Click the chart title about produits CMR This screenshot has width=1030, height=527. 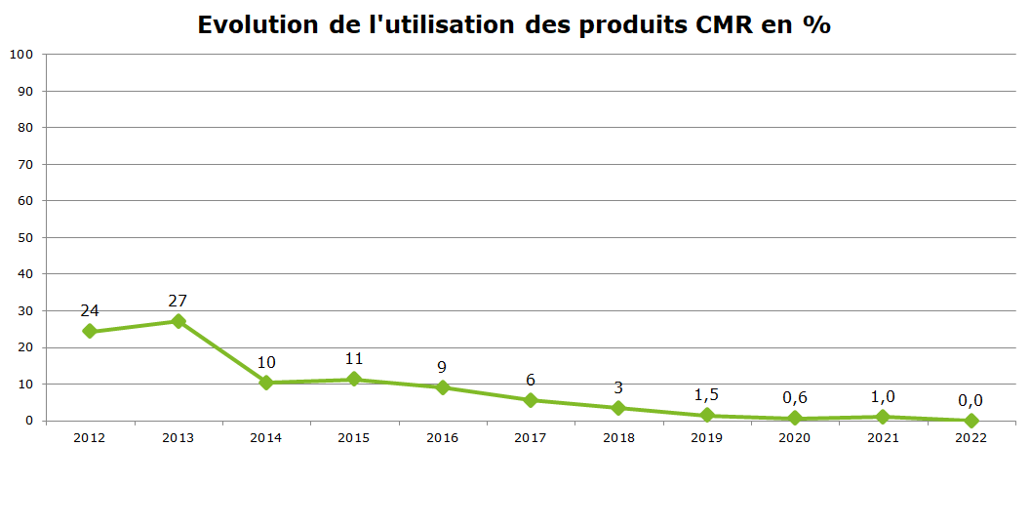[x=514, y=25]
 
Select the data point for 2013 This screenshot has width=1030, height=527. [x=178, y=321]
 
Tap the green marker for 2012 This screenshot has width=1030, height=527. [x=90, y=331]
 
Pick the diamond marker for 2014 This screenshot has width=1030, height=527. [x=266, y=383]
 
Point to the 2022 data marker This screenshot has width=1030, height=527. [x=971, y=421]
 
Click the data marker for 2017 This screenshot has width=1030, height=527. [x=531, y=400]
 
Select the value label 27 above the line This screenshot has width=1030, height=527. [x=178, y=301]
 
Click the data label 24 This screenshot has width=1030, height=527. [x=90, y=310]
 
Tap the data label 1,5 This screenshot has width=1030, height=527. [x=706, y=395]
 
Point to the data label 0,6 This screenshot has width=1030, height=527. [x=795, y=398]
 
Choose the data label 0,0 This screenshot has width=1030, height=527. [x=971, y=400]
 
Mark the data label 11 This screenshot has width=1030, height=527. [x=354, y=359]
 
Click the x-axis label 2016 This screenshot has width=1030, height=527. [x=442, y=438]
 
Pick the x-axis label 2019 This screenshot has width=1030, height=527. [x=706, y=438]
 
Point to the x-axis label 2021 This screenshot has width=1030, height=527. [x=883, y=438]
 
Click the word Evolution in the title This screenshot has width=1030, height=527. [x=257, y=25]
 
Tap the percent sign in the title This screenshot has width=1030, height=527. [x=816, y=25]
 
